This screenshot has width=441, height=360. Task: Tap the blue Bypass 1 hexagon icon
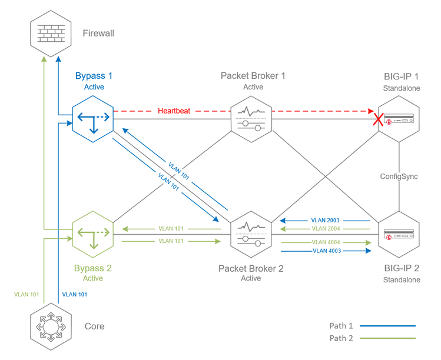point(92,118)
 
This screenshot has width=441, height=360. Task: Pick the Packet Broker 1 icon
point(251,118)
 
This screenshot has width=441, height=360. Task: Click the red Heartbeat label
point(174,111)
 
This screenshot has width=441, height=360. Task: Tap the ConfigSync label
point(400,176)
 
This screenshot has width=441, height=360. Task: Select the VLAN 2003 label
point(326,220)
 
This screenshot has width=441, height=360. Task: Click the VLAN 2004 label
point(326,228)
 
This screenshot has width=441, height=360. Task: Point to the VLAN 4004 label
point(326,242)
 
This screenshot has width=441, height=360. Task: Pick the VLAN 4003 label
point(326,251)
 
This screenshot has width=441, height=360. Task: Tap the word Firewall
point(98,34)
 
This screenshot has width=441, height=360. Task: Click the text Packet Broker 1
point(253,76)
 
